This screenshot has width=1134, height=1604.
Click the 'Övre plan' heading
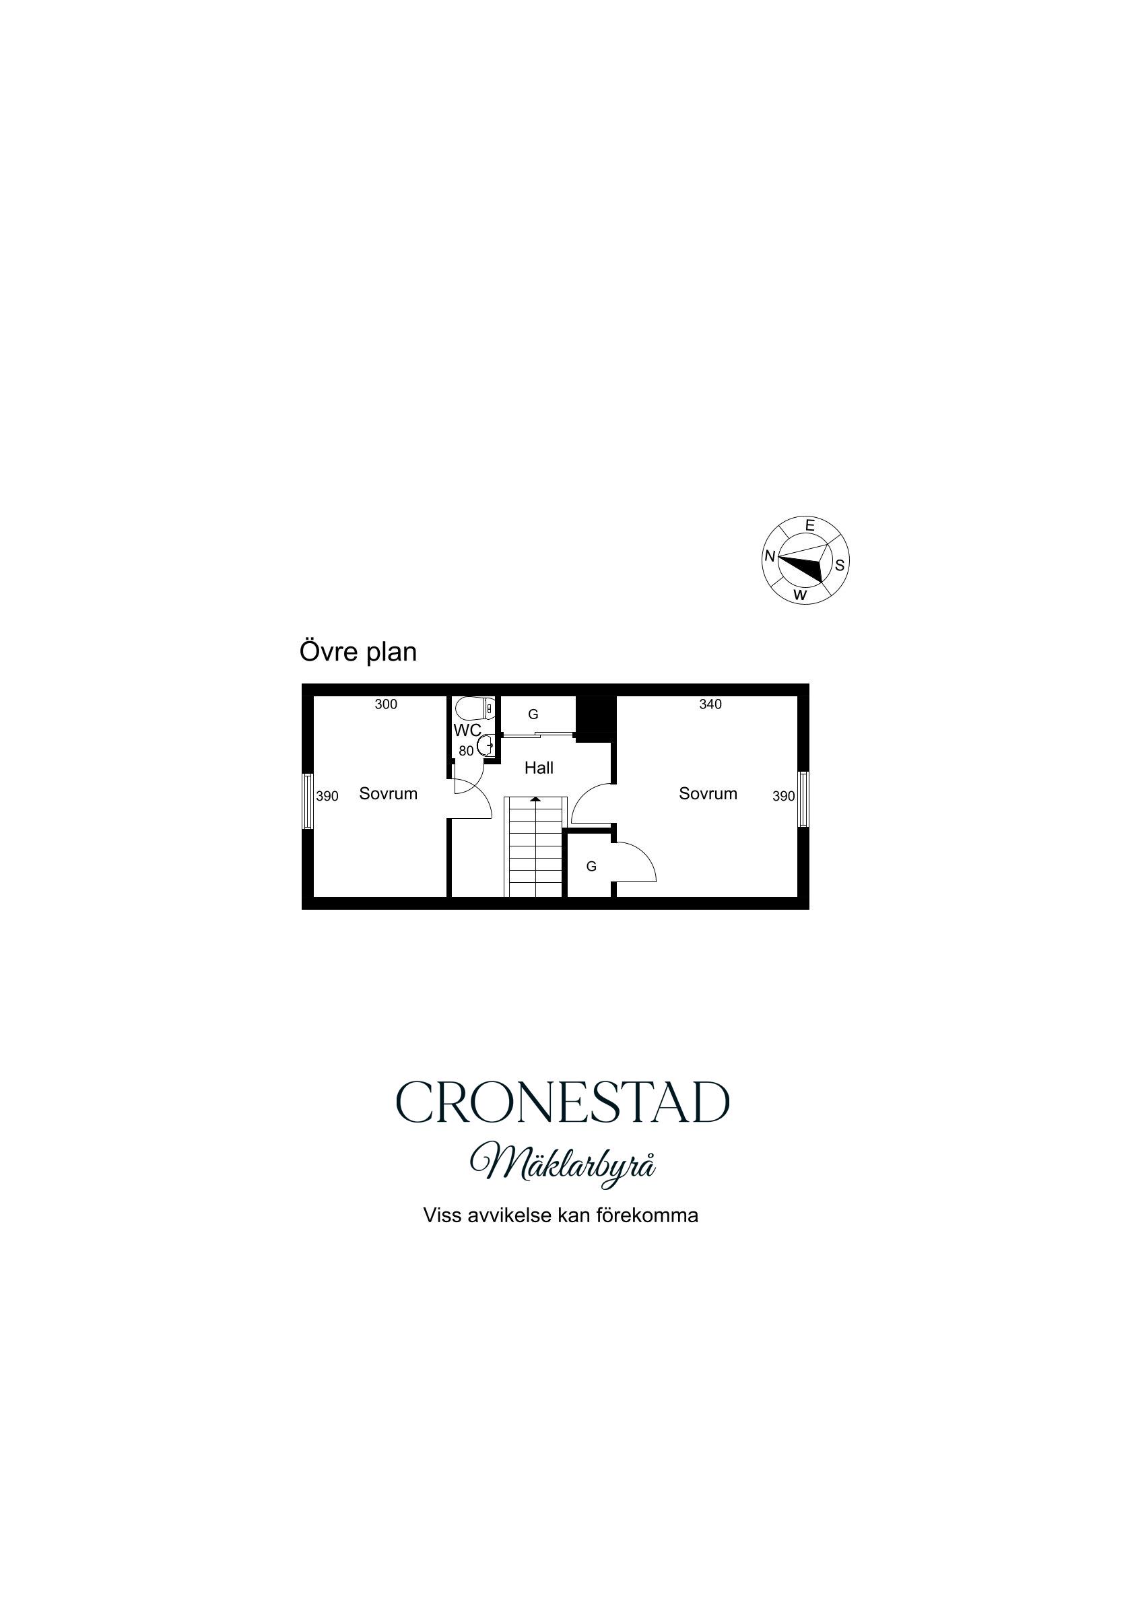point(358,652)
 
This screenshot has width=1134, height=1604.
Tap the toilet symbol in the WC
point(475,709)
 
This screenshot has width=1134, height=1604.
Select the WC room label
point(467,731)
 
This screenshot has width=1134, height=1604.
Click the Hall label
point(539,768)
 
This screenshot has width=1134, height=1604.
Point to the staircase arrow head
point(535,799)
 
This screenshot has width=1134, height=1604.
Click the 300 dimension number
point(386,704)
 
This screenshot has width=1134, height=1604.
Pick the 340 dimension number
point(710,704)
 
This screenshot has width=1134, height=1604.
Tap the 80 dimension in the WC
point(466,751)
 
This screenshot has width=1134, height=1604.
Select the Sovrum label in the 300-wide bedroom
point(388,794)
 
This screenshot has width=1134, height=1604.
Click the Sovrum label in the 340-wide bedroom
point(708,794)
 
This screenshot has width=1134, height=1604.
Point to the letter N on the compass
point(770,556)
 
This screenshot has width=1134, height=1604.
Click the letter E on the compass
point(810,525)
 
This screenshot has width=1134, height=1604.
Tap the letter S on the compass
point(839,565)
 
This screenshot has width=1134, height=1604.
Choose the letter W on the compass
point(801,596)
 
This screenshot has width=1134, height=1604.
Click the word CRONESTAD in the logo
point(562,1102)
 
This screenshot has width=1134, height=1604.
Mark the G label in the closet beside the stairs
point(591,866)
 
